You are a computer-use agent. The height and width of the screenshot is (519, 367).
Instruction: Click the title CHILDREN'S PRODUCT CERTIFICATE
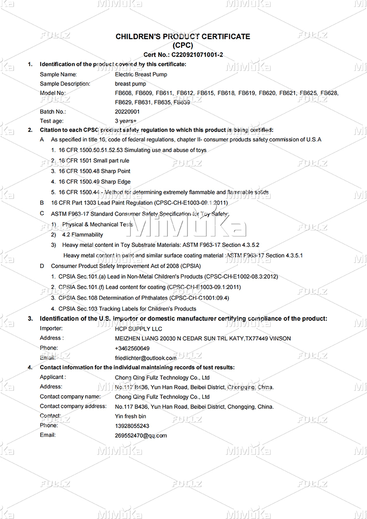point(183,37)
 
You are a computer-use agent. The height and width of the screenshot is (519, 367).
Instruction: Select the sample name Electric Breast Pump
point(141,74)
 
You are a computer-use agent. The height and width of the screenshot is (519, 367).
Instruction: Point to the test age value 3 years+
point(126,121)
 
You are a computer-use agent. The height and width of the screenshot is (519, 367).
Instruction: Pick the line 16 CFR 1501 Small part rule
point(94,160)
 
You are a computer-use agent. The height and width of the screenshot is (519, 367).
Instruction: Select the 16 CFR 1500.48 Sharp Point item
point(94,171)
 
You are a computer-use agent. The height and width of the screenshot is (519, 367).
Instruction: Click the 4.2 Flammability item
point(83,235)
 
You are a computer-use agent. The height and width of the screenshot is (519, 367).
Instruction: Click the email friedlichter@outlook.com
point(145,358)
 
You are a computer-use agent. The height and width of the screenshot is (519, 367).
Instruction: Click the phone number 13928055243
point(132,426)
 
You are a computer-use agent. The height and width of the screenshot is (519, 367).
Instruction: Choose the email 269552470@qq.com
point(141,435)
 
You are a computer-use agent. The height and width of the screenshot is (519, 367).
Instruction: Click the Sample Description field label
point(65,84)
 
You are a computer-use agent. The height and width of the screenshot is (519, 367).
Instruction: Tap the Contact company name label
point(70,397)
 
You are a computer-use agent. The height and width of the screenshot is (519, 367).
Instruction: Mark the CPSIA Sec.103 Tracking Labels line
point(127,309)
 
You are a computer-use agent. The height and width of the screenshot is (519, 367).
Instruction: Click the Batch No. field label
point(53,112)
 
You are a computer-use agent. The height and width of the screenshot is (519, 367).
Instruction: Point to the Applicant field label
point(52,377)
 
